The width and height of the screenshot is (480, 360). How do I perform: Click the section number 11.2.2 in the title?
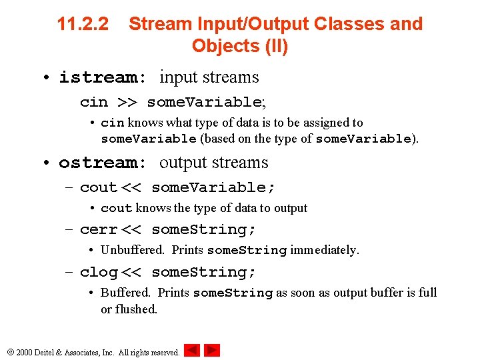point(83,24)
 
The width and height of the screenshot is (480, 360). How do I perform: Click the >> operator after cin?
point(127,102)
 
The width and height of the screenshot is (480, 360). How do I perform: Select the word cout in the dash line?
point(98,187)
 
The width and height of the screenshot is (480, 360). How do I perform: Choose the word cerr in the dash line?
point(98,229)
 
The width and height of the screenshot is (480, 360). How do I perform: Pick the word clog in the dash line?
point(98,272)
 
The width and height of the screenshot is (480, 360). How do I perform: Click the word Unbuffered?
point(132,250)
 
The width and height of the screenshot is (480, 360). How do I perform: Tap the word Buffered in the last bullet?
point(125,293)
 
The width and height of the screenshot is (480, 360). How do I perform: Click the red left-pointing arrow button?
point(192,350)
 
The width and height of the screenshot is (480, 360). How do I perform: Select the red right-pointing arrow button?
point(212,350)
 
